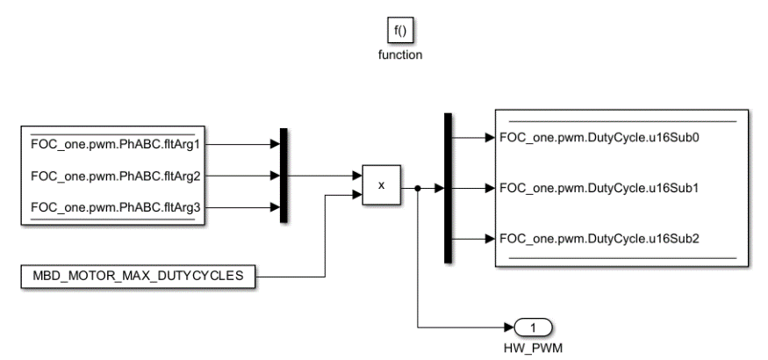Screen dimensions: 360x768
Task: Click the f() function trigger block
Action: click(400, 33)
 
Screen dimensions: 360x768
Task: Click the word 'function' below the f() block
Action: click(400, 54)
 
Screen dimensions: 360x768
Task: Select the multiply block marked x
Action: click(381, 185)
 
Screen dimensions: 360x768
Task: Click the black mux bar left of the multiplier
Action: click(284, 175)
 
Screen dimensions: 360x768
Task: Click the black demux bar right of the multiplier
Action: click(448, 187)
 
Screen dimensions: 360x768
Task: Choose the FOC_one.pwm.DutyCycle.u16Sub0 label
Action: click(578, 137)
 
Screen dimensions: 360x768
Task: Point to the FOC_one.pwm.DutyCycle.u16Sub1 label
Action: click(578, 188)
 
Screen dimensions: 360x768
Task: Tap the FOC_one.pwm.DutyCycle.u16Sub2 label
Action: click(578, 238)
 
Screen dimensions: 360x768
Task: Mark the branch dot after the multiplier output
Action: click(418, 187)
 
